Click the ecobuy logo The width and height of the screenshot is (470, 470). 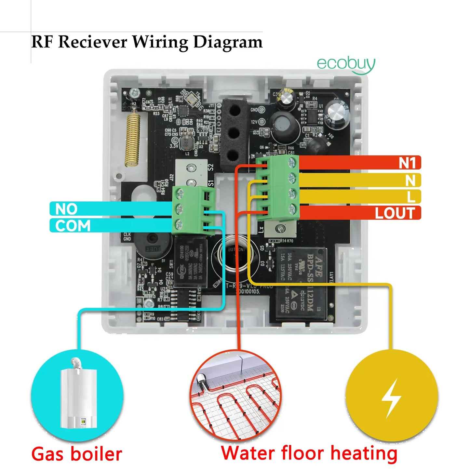tap(346, 64)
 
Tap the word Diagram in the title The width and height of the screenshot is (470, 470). tap(228, 42)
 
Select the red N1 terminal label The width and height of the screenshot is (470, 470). tap(407, 163)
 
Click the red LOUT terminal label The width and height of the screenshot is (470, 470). tap(395, 213)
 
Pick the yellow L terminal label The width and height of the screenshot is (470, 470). tap(411, 196)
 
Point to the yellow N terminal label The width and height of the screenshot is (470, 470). tap(410, 180)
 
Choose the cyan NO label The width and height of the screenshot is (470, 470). tap(66, 209)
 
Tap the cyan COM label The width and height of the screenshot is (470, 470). tap(73, 226)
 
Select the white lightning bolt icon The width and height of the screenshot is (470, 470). tap(391, 397)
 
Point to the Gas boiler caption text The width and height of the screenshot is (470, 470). tap(77, 454)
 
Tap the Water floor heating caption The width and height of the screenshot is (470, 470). tap(309, 453)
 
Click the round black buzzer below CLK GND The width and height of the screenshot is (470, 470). tap(153, 244)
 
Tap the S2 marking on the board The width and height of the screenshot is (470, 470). tap(211, 167)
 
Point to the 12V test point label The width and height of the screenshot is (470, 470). tap(254, 122)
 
